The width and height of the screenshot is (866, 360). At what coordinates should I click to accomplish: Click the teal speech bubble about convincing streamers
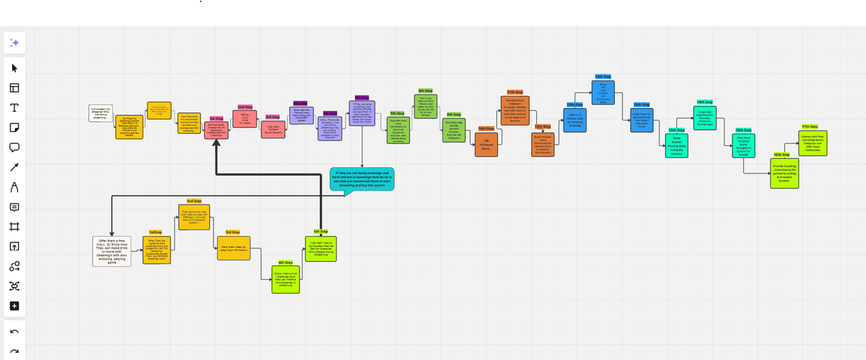(362, 179)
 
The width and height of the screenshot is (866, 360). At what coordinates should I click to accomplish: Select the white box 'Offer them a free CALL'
(112, 251)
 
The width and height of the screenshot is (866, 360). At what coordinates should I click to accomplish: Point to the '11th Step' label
(515, 92)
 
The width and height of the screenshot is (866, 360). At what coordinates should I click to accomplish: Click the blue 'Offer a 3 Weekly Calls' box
(575, 119)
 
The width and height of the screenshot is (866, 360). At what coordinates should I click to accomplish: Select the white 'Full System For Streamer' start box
(100, 113)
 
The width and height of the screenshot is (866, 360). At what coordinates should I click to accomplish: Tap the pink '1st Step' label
(216, 118)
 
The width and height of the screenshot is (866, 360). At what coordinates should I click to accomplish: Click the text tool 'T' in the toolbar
(14, 108)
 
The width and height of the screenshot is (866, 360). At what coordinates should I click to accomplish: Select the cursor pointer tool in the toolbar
(14, 69)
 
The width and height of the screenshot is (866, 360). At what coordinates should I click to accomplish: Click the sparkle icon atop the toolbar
(14, 43)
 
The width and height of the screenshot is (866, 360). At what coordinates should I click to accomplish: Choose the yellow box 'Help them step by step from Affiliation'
(233, 247)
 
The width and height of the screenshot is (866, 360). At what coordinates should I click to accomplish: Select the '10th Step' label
(485, 128)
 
